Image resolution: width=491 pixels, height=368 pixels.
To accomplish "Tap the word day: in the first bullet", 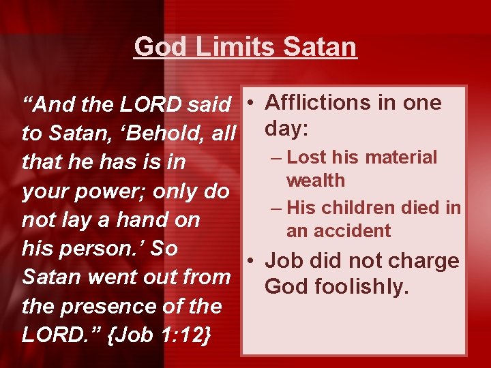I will click(x=290, y=128).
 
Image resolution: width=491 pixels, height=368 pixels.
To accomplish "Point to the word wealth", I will click(x=316, y=181).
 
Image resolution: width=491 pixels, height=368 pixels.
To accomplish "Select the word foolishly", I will click(x=362, y=287).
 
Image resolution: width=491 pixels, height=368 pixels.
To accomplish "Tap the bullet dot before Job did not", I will click(x=252, y=262).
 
